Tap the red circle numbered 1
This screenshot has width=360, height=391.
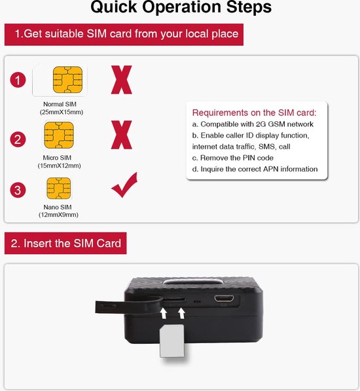point(19,81)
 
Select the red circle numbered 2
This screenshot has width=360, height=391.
point(19,138)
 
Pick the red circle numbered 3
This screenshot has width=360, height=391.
point(19,190)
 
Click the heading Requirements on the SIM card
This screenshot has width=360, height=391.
point(254,112)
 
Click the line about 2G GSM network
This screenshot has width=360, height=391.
point(253,124)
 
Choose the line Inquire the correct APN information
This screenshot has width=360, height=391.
point(255,169)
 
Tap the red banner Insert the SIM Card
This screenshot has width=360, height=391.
point(66,243)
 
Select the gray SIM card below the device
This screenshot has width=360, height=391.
point(171,341)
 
